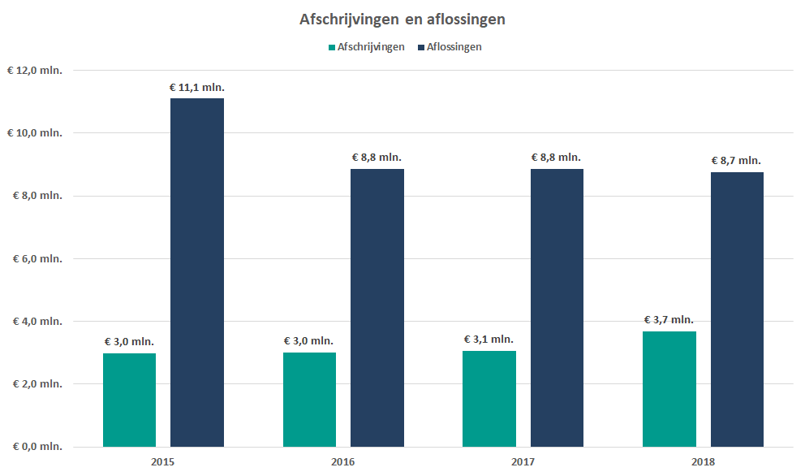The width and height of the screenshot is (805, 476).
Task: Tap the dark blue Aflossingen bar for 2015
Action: point(197,272)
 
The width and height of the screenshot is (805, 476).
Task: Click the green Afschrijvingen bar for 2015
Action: point(130,400)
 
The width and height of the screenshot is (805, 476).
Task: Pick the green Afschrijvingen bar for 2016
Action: point(309,400)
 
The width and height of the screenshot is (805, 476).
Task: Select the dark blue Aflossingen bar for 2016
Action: point(377,308)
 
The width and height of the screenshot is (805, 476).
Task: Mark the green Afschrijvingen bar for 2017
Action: point(489,399)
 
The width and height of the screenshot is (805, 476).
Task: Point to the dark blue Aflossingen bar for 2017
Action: point(556,308)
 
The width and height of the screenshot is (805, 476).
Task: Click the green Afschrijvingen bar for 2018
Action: point(669,389)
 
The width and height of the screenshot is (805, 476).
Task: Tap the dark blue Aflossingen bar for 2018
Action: point(736,309)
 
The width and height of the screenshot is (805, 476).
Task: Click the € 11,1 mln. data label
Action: point(197,87)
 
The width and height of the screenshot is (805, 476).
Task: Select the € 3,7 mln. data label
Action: point(669,320)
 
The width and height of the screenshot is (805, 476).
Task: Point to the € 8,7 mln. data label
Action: point(736,161)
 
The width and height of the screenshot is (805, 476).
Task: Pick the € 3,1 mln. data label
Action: point(489,340)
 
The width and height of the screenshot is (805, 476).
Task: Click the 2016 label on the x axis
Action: point(343,461)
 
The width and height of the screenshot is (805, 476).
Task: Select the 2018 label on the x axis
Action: point(703,461)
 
